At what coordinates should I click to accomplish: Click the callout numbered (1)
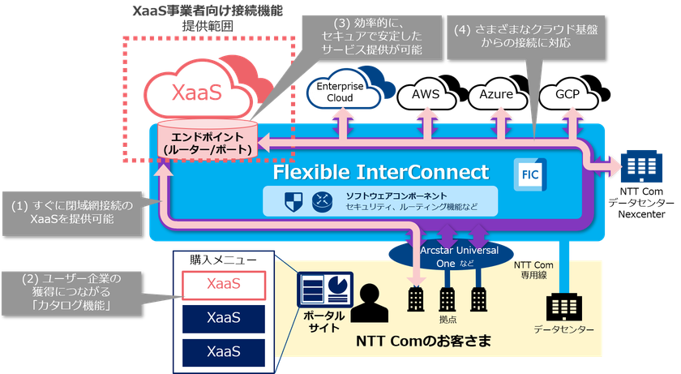coord(72,210)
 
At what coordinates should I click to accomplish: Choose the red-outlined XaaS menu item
coord(223,283)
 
